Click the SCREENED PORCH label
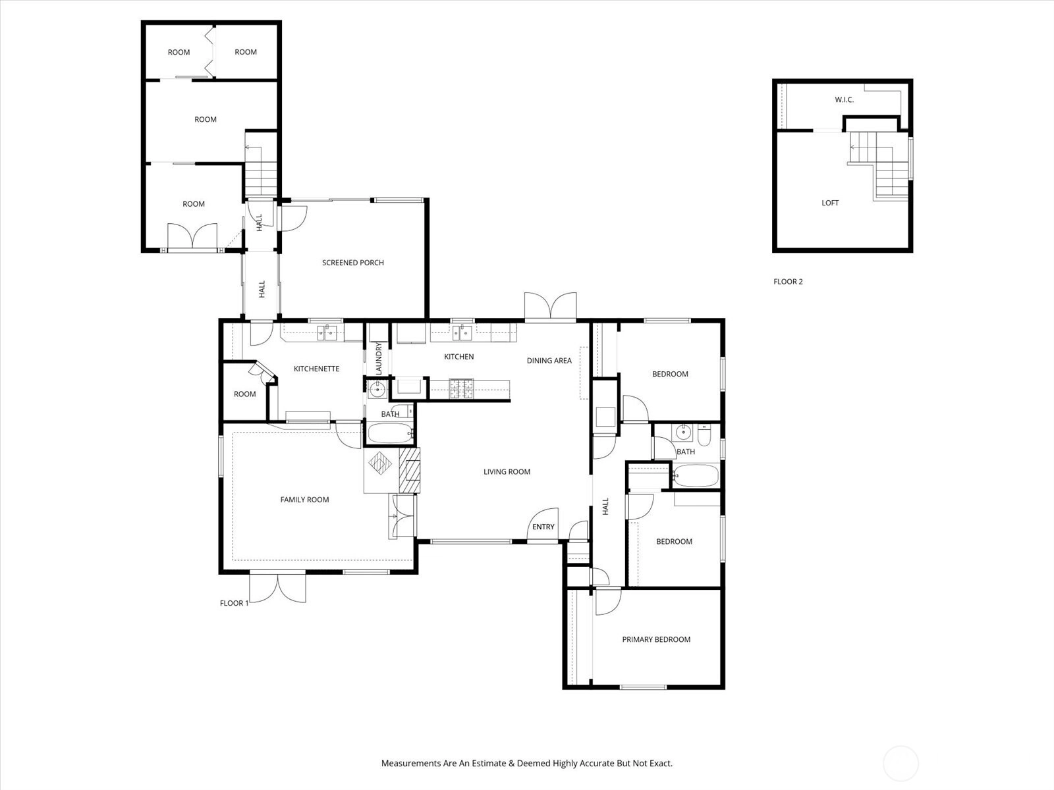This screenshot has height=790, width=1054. point(353,263)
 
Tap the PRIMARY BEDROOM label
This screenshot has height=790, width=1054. point(656,639)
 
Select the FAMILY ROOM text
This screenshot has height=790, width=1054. point(304,500)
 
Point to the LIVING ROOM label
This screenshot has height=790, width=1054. point(507,472)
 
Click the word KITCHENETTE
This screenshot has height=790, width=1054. point(316,369)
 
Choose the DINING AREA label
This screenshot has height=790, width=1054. point(549,361)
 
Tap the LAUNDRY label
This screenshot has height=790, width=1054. point(378,358)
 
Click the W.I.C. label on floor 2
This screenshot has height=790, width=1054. point(844,100)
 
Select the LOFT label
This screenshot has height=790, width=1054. point(830,203)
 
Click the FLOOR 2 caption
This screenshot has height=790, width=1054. point(788,282)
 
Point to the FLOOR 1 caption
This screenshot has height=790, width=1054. point(235,603)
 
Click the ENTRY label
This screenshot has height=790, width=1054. point(543,527)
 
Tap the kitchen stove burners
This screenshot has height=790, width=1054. point(461,389)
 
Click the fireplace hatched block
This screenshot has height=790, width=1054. point(410,470)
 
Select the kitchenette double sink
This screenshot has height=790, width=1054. point(327,332)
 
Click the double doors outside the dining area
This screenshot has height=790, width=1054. point(550,306)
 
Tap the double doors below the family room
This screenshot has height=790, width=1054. point(277,587)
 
